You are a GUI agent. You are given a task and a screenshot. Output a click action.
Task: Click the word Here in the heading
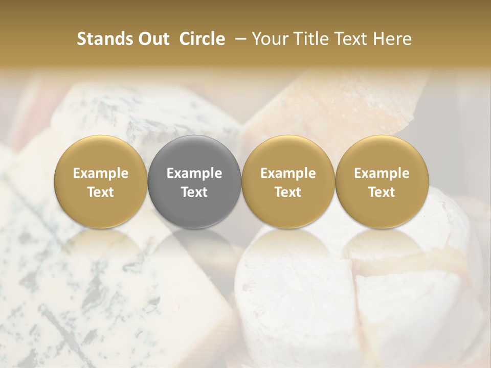[x=393, y=39]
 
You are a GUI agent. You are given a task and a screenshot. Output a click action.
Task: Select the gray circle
[x=194, y=181]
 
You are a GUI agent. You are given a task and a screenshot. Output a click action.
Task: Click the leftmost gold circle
[x=101, y=181]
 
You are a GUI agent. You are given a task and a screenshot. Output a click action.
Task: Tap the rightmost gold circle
[x=382, y=181]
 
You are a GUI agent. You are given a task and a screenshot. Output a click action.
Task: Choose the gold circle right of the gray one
[x=288, y=181]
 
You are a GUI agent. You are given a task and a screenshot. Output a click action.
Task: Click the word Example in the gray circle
[x=194, y=173]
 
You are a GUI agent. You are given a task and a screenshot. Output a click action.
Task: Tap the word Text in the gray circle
[x=194, y=192]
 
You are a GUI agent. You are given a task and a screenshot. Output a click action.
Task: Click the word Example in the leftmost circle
[x=101, y=173]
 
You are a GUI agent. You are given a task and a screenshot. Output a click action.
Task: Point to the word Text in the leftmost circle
[x=101, y=192]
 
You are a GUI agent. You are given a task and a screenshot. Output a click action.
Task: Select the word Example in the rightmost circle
[x=382, y=173]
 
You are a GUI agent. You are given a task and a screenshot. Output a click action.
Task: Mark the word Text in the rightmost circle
[x=382, y=192]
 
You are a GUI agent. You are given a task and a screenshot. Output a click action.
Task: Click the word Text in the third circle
[x=288, y=192]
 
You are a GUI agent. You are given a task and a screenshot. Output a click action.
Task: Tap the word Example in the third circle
[x=288, y=173]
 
